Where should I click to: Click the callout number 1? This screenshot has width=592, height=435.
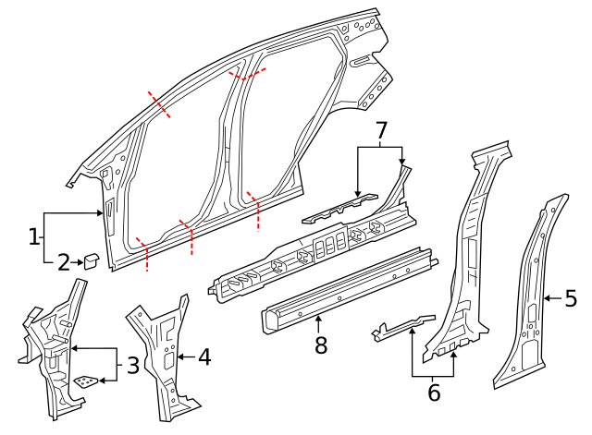point(34,236)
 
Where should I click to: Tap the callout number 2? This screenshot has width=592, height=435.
point(63,263)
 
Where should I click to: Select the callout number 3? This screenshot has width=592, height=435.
point(133,365)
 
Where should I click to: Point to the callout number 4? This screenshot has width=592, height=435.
point(204,356)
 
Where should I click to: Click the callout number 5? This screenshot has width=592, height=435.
point(571,297)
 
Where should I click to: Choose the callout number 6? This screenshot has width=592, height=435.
point(434,393)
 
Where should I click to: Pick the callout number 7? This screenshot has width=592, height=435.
point(380,132)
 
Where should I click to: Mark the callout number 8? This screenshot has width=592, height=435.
point(320,345)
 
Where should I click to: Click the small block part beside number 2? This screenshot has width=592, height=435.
point(92,260)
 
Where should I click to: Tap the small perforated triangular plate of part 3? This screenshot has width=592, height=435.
point(88,381)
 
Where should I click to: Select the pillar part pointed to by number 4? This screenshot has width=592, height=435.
point(162,351)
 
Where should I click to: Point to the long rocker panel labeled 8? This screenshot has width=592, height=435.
point(347,286)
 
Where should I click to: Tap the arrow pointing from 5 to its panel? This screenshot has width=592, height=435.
point(552,297)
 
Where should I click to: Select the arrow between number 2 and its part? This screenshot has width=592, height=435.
point(77,263)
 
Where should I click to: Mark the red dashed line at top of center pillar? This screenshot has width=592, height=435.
point(247,73)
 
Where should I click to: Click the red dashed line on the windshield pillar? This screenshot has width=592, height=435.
point(158,105)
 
